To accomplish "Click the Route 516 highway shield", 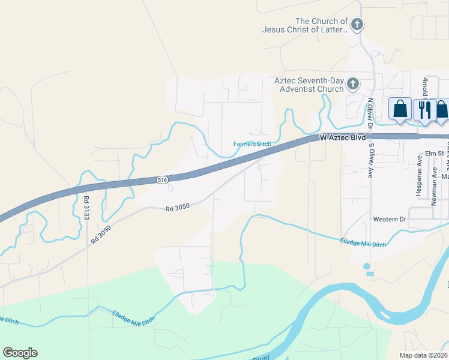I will [x=161, y=179].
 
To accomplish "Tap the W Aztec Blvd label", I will [x=343, y=137].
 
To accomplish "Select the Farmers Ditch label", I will [x=252, y=144].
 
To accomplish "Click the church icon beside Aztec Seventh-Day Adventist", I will [x=353, y=83].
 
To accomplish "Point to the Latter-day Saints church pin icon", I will [x=357, y=25].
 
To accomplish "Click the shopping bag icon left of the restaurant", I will [x=400, y=109].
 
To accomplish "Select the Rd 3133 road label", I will [x=86, y=207].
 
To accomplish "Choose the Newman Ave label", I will [x=433, y=186].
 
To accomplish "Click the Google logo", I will [x=20, y=353].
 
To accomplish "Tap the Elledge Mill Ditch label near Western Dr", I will [x=363, y=241].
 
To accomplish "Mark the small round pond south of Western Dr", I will [x=367, y=266].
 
